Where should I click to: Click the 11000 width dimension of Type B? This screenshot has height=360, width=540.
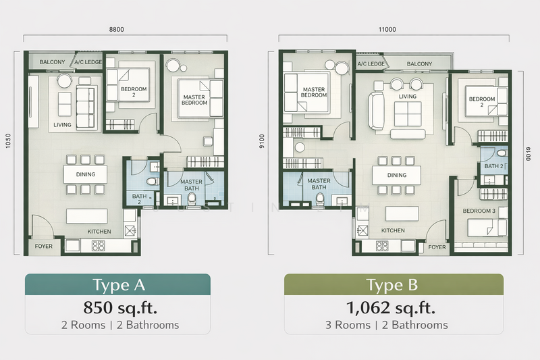pos(387,29)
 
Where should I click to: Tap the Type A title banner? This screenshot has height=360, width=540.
pos(117,284)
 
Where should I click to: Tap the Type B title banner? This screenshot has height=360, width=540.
pos(393,284)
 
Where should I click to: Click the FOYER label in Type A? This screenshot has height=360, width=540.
pos(43,247)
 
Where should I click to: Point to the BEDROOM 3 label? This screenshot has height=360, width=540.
pos(479,211)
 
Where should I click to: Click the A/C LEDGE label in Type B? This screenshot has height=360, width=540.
pos(371,64)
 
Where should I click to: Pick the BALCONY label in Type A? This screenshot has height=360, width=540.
pos(52,62)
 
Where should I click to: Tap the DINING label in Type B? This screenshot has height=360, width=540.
pos(397,176)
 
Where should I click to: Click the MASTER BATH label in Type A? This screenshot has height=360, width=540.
pos(191,184)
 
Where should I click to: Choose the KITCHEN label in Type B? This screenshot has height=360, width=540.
pos(393,230)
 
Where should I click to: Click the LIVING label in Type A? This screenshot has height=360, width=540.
pos(63,125)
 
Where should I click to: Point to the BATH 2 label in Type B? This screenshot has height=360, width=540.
pos(492,165)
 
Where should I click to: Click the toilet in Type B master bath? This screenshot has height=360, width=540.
pos(319,199)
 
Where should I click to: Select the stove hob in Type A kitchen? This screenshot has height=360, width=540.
pos(101,246)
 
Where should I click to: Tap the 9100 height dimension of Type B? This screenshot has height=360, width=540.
pos(271,143)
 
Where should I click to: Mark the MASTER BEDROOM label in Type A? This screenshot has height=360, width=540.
pos(194,101)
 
